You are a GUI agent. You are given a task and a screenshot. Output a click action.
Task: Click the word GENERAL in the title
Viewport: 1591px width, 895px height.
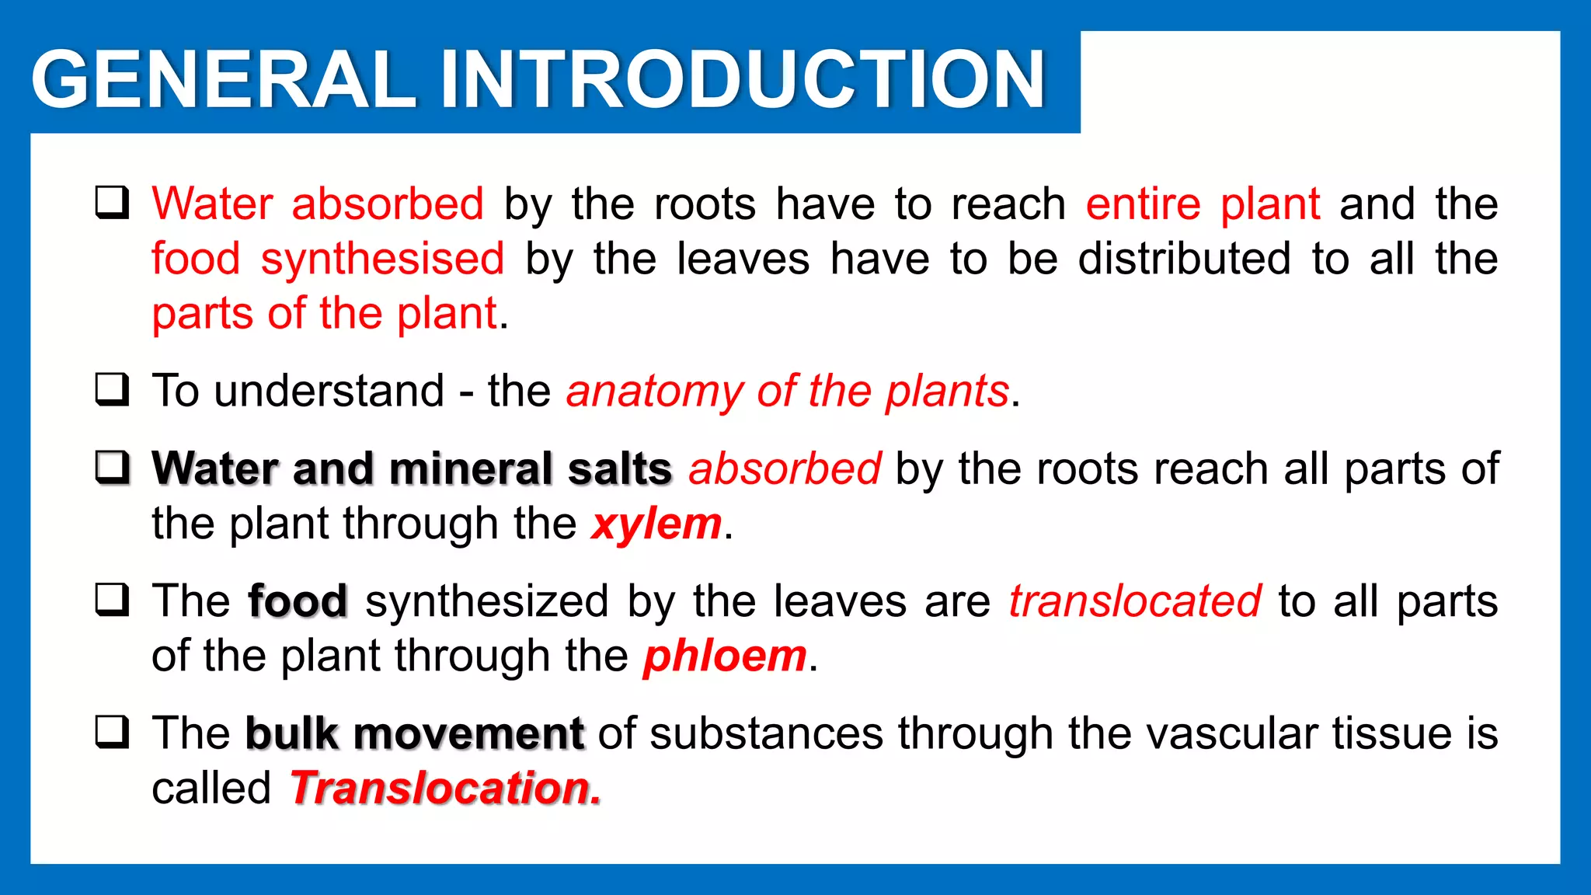[x=224, y=80]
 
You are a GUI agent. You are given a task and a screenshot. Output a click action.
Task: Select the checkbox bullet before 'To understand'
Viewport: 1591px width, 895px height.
[x=112, y=389]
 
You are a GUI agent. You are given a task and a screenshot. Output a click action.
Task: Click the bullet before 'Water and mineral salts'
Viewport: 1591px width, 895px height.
[x=112, y=467]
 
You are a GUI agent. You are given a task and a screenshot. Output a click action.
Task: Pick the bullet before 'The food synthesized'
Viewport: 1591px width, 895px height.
[x=112, y=600]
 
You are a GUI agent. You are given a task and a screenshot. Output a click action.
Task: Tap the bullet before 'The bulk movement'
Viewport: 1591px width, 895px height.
[x=112, y=732]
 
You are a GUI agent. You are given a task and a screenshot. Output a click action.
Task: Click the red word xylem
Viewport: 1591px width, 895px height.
[x=656, y=524]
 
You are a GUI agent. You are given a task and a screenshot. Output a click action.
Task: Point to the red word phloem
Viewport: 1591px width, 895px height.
[x=725, y=656]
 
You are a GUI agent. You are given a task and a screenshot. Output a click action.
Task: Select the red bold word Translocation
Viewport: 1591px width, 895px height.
[x=445, y=789]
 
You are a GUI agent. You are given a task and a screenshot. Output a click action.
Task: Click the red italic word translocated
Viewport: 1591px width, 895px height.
[x=1134, y=601]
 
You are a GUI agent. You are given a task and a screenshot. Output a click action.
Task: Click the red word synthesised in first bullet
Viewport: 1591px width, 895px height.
[x=382, y=259]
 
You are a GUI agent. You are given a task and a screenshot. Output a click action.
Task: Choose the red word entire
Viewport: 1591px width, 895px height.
[x=1143, y=204]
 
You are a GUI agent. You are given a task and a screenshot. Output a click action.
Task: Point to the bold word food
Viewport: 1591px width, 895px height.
[x=298, y=601]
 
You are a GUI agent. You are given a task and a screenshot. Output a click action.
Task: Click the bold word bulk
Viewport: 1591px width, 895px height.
[x=292, y=733]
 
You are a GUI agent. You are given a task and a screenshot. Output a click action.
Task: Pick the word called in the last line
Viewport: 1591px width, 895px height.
[x=211, y=789]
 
